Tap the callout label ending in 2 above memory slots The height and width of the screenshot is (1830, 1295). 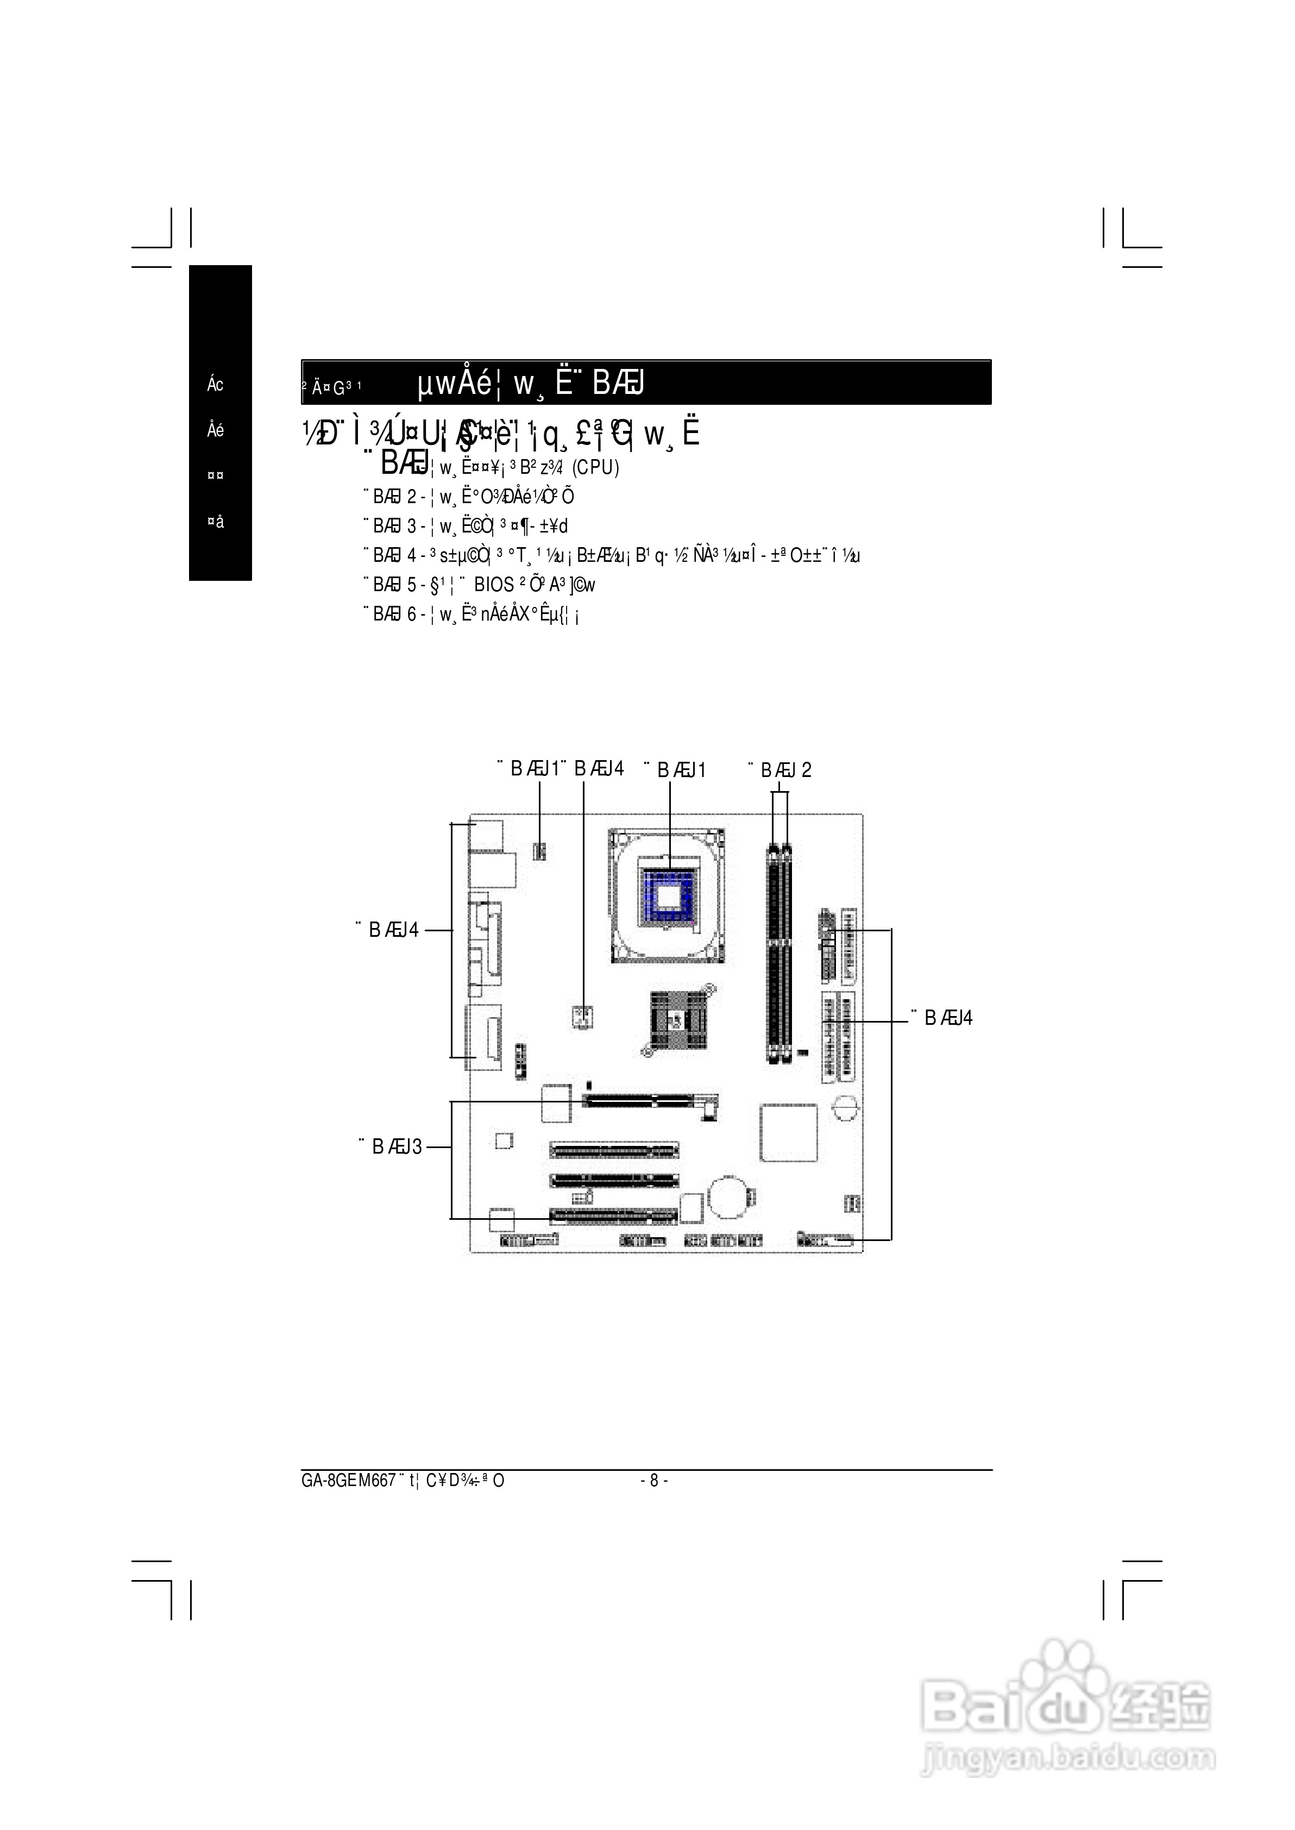click(x=781, y=770)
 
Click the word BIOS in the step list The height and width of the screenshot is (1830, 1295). click(x=494, y=585)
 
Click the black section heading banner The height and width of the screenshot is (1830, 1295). click(x=646, y=383)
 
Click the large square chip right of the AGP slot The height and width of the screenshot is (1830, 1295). click(x=789, y=1132)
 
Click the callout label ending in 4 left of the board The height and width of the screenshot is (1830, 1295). click(x=389, y=930)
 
